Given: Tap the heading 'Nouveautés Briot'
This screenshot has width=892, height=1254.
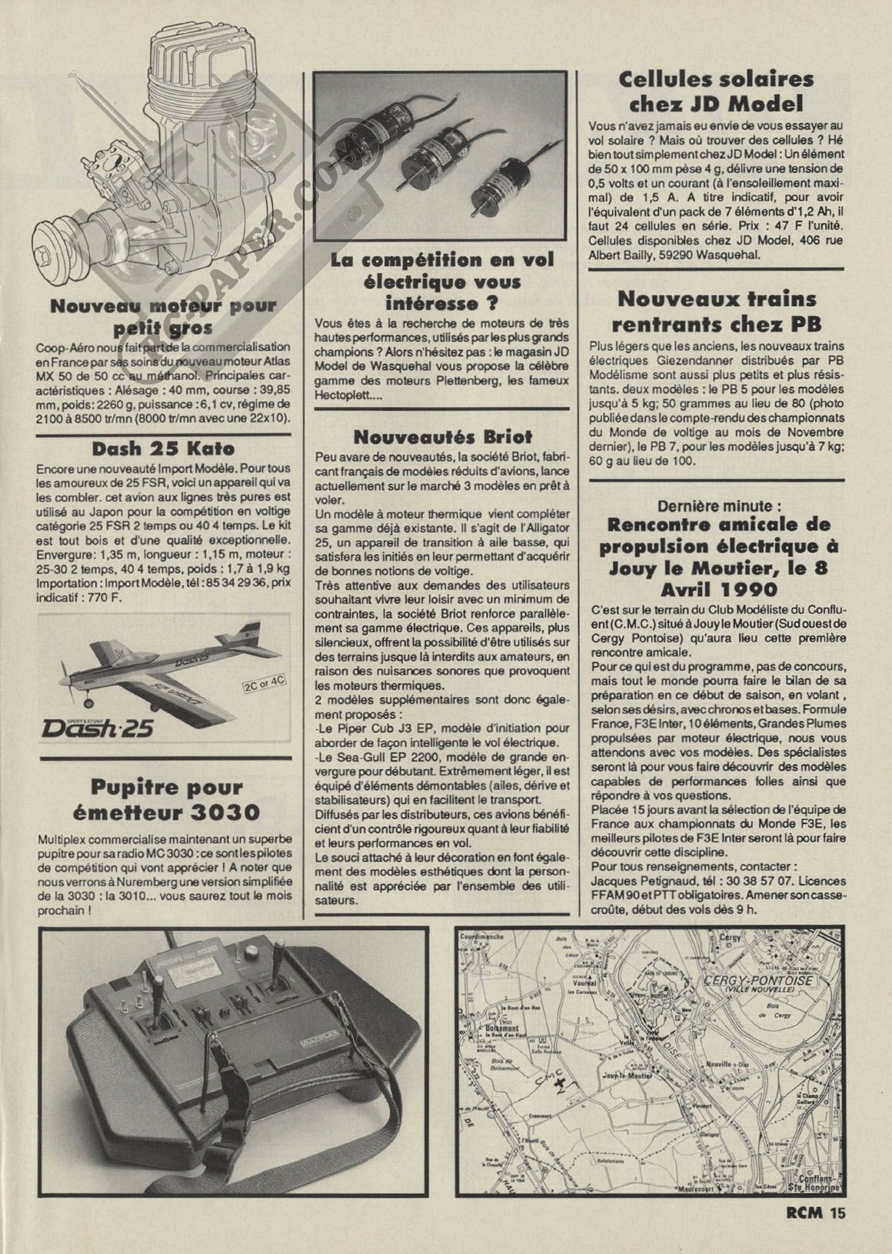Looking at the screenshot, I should (x=442, y=437).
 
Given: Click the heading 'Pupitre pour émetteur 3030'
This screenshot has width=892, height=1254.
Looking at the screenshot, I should (x=166, y=799).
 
